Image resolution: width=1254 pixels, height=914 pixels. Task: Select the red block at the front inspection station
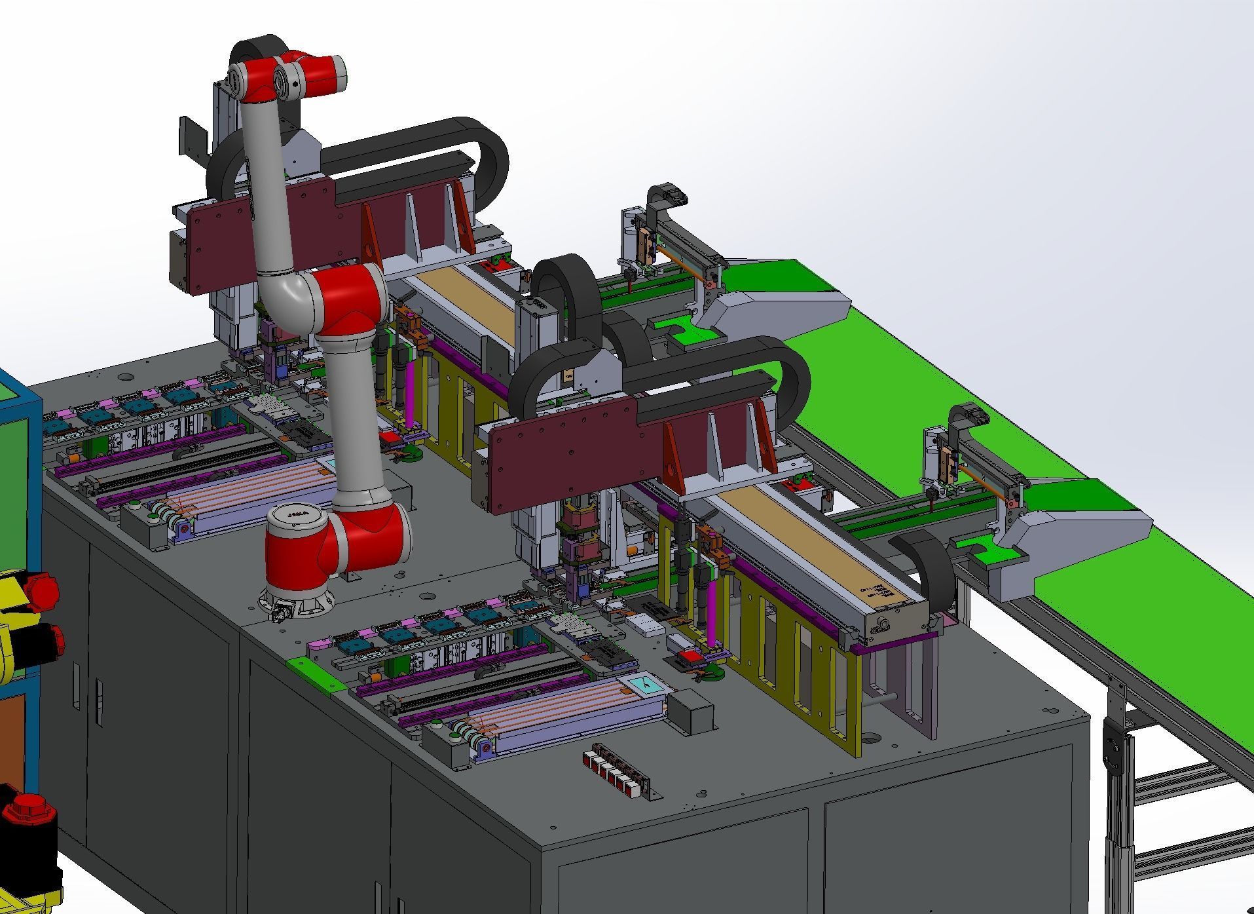pos(691,657)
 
